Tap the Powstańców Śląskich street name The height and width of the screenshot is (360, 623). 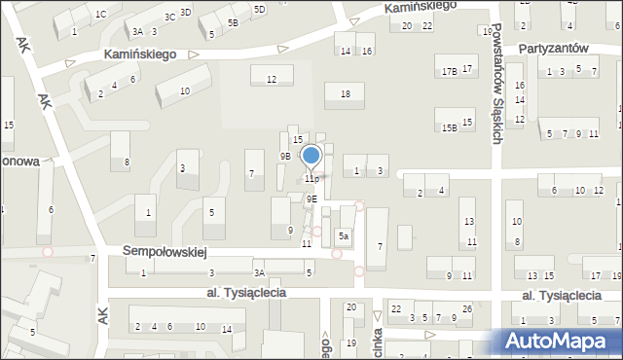pyautogui.click(x=495, y=85)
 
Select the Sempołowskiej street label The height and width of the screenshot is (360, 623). pyautogui.click(x=165, y=251)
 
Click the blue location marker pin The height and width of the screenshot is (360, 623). pyautogui.click(x=311, y=157)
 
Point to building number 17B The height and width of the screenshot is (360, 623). pyautogui.click(x=449, y=71)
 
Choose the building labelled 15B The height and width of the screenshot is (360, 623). pyautogui.click(x=449, y=126)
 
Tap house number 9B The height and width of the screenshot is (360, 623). pyautogui.click(x=285, y=156)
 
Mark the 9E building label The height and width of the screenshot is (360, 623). pyautogui.click(x=311, y=198)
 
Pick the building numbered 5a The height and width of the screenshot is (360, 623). pyautogui.click(x=344, y=236)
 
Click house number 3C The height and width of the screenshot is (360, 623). pyautogui.click(x=169, y=17)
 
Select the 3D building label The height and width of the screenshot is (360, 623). pyautogui.click(x=185, y=12)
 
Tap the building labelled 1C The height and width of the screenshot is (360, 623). pyautogui.click(x=101, y=15)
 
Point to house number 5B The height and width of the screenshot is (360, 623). pyautogui.click(x=233, y=22)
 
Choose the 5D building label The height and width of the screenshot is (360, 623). pyautogui.click(x=259, y=10)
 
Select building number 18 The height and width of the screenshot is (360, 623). pyautogui.click(x=345, y=93)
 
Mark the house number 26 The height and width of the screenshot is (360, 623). pyautogui.click(x=467, y=310)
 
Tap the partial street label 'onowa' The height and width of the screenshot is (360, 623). pyautogui.click(x=19, y=162)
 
